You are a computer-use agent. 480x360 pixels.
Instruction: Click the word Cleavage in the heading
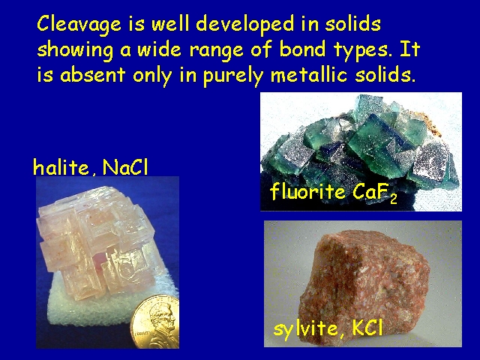79,25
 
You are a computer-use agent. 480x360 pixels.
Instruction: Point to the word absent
93,74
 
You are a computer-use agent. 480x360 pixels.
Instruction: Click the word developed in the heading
246,25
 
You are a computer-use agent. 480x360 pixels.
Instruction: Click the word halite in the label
61,166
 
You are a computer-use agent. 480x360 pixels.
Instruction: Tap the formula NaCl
125,166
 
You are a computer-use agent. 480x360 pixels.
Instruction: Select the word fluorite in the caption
307,191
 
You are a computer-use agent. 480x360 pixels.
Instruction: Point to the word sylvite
306,328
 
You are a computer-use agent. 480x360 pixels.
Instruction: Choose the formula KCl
367,327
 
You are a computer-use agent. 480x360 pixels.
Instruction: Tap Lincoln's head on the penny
163,320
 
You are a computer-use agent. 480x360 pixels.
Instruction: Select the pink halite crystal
97,241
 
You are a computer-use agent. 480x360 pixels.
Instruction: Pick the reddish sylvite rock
364,282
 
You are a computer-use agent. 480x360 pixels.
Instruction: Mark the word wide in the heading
159,49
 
